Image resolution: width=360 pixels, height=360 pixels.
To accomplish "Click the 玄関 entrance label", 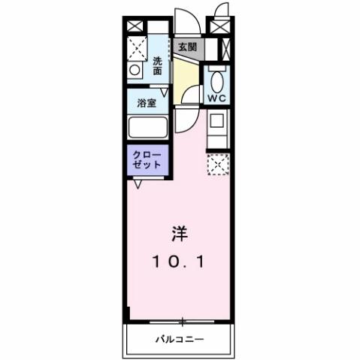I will pos(187,47).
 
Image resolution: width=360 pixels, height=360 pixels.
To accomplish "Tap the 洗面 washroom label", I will pos(158,66).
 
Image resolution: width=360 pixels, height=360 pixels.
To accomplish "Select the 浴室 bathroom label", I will pos(147,102).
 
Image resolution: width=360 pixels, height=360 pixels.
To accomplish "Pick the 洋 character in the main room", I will pos(180,233).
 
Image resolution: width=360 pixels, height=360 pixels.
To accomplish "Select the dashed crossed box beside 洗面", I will pos(135,48).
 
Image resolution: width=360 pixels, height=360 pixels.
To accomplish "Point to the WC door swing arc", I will pos(194,94).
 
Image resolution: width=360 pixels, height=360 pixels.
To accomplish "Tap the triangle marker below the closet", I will pos(138,183).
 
